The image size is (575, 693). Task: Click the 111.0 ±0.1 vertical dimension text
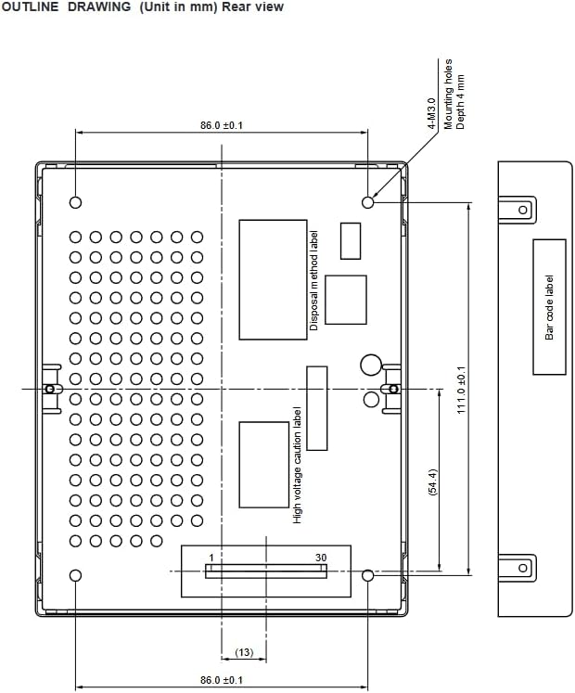click(x=462, y=390)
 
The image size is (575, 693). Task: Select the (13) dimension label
click(x=244, y=652)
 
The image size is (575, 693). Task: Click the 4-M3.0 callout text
click(x=432, y=113)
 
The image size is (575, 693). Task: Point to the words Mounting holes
click(x=448, y=94)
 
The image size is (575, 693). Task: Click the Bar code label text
click(x=549, y=307)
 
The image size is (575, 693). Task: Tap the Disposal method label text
click(x=313, y=280)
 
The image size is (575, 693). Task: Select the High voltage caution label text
click(x=298, y=465)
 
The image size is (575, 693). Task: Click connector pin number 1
click(x=211, y=558)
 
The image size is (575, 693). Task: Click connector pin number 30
click(x=321, y=558)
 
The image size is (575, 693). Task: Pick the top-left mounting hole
click(x=75, y=202)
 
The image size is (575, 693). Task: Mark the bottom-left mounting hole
click(x=75, y=575)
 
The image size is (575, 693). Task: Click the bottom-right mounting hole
click(x=367, y=575)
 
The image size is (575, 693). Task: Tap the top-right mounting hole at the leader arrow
click(x=367, y=202)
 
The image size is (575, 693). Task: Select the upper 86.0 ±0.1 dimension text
click(x=222, y=125)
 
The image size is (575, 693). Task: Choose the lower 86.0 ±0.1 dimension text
click(x=222, y=680)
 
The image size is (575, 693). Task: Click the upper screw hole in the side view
click(x=523, y=210)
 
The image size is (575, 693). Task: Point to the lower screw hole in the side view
click(x=523, y=568)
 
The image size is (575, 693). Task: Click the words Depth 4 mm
click(x=461, y=102)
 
